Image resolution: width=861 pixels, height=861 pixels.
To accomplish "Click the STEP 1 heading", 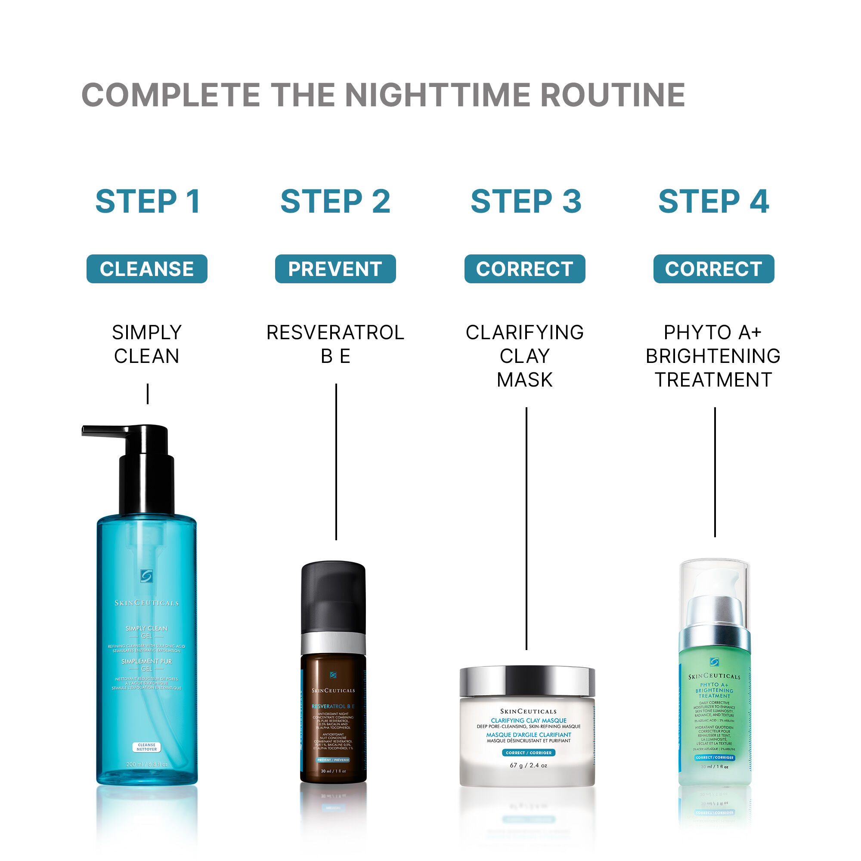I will coord(148,201).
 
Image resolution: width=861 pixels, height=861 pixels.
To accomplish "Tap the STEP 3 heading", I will coord(526,201).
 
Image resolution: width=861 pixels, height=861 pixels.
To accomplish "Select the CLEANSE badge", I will coord(147,269).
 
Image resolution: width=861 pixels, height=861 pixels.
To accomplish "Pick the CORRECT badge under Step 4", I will coord(713,269).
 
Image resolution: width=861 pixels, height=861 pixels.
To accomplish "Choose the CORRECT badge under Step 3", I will coord(524,269).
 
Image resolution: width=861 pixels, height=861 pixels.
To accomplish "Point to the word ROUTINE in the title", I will coord(613,95).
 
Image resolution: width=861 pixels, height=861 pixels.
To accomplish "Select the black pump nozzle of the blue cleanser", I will coord(107,430).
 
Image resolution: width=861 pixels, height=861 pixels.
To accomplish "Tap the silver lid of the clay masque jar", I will coord(527,681).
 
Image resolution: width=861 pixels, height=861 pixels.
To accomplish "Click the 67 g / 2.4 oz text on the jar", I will coord(528,765).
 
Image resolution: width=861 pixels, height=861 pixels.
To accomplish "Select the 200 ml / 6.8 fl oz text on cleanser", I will coord(147,764).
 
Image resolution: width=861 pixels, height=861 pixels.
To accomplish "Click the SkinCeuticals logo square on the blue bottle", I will coord(147,576).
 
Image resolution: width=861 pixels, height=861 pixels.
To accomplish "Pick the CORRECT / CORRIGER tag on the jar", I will coord(529,753).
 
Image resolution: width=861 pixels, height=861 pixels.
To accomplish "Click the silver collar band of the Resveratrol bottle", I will coord(333,643).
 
